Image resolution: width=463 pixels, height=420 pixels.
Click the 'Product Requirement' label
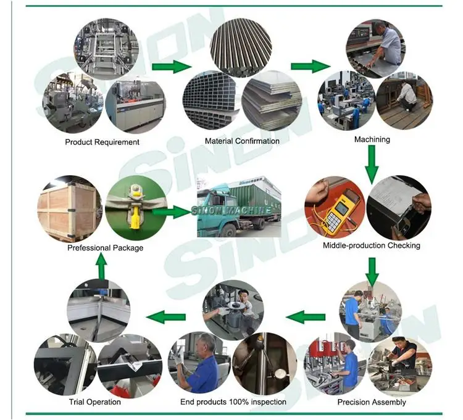point(102,142)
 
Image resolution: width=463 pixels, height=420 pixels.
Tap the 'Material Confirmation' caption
point(242,141)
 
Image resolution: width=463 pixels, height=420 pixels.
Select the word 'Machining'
point(372,139)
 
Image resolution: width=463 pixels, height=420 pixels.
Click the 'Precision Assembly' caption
point(371,402)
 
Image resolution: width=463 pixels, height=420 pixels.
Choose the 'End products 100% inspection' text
point(233,402)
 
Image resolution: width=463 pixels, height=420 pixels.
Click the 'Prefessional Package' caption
point(105,248)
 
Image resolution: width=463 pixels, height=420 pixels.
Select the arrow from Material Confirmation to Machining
point(310,67)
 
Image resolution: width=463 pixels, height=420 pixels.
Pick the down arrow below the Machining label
point(372,164)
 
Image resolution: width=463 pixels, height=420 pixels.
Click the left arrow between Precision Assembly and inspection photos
point(305,318)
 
